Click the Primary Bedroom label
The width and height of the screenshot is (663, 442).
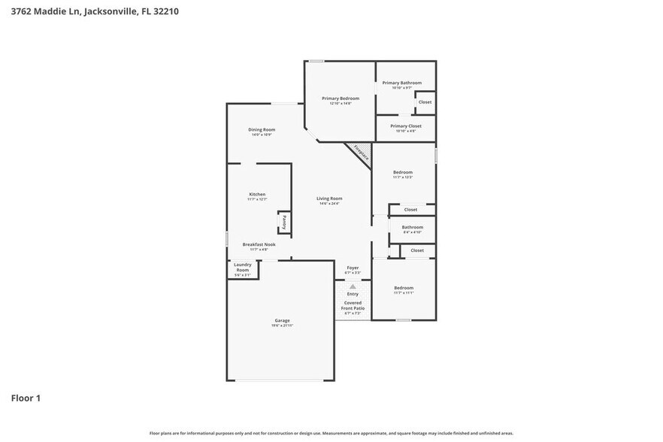[x=341, y=98]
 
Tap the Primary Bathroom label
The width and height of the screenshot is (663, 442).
[x=401, y=83]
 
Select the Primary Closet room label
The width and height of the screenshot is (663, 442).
[x=405, y=126]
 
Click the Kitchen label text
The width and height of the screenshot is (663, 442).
[x=257, y=194]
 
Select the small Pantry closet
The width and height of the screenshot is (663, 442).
[x=284, y=223]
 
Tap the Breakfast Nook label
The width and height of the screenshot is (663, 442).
[x=259, y=244]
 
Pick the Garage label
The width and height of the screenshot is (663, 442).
[x=282, y=321]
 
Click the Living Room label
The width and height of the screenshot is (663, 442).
[x=329, y=198]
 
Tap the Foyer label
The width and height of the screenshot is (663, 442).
[x=353, y=268]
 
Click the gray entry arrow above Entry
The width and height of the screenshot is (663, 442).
[x=353, y=286]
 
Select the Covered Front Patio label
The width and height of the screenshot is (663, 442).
[x=353, y=305]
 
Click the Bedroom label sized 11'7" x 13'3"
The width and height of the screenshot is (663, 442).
[x=402, y=172]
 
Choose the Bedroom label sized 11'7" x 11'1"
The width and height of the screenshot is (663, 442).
[x=404, y=288]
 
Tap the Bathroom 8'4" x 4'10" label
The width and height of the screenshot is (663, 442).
[x=412, y=227]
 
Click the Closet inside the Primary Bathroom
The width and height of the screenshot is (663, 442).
[x=425, y=102]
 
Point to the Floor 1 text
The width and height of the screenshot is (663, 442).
[x=26, y=398]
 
